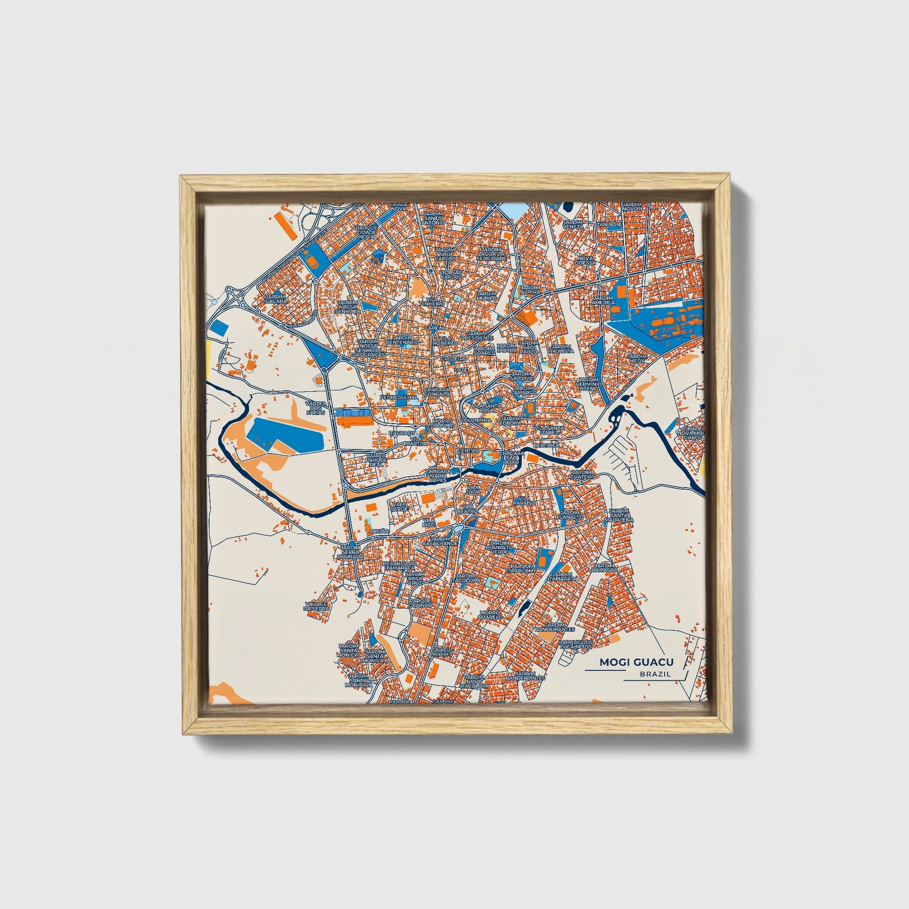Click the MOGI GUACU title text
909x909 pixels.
click(636, 662)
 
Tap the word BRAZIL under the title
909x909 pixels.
click(655, 674)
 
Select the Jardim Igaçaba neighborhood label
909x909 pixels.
click(275, 298)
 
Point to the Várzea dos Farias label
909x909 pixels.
click(315, 407)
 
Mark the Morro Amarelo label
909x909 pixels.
click(490, 614)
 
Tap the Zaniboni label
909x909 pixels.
click(608, 224)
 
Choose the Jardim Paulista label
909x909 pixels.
click(561, 348)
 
